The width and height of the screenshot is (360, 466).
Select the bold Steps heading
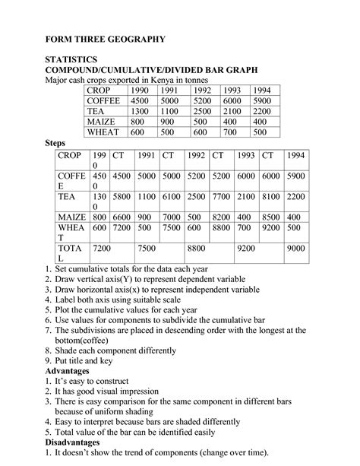56,142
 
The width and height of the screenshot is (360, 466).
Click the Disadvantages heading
79,440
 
